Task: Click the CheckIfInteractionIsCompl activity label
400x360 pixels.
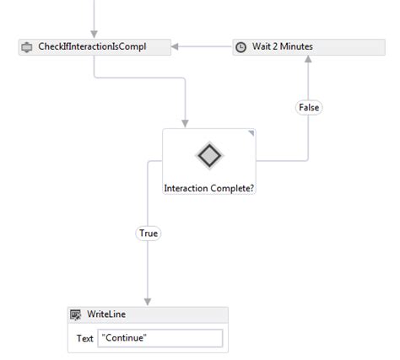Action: pos(92,46)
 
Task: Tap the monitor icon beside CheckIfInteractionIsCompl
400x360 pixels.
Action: pos(27,46)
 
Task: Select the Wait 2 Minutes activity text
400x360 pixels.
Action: pos(282,46)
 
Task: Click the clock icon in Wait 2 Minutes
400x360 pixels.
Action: pos(241,47)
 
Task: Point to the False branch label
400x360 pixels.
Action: pos(309,108)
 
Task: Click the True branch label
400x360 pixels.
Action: pos(148,233)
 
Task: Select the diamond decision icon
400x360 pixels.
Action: pos(208,155)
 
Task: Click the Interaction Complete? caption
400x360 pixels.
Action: pos(208,188)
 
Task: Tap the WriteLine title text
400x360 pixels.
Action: pos(106,314)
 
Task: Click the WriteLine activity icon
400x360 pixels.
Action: pos(76,314)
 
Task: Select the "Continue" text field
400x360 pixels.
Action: pos(159,338)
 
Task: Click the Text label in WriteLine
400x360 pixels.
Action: pos(84,338)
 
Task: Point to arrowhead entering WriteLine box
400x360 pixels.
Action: pos(148,300)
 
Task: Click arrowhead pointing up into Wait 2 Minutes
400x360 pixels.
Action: pos(309,61)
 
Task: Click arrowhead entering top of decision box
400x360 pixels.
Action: pos(185,124)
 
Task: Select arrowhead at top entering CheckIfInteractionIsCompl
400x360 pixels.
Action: pos(94,33)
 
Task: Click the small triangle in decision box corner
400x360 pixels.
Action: pos(251,133)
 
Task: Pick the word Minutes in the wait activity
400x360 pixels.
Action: pos(295,46)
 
